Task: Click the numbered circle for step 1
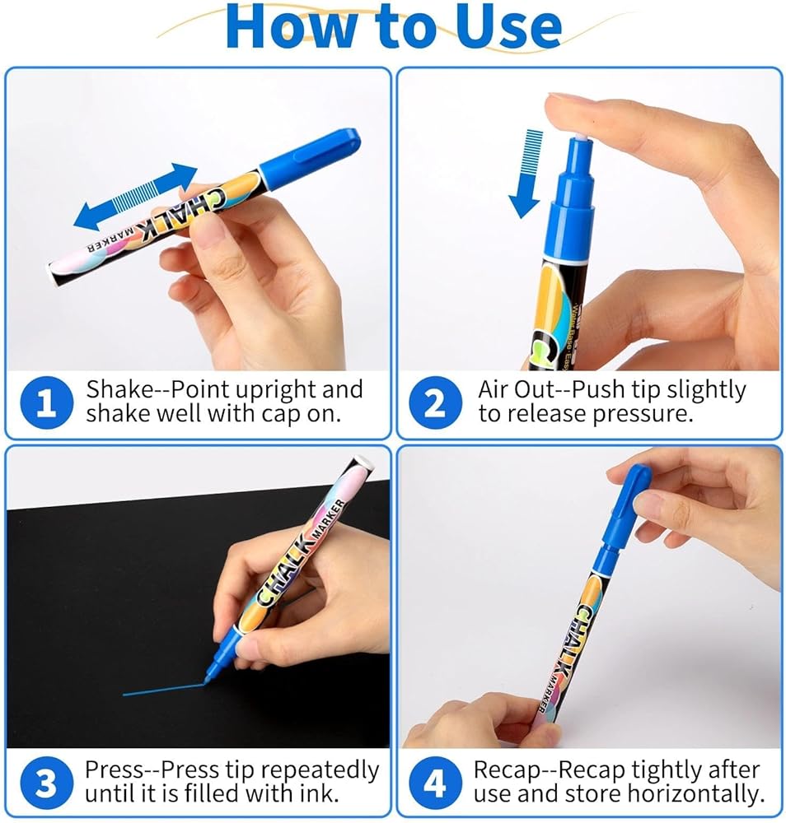(47, 402)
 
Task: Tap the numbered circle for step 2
(436, 402)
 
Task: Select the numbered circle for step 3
(46, 783)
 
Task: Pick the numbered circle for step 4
(435, 783)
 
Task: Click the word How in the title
(291, 26)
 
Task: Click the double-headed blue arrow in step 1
(135, 197)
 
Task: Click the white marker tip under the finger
(579, 137)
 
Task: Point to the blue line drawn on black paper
(163, 689)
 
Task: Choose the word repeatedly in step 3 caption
(320, 770)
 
